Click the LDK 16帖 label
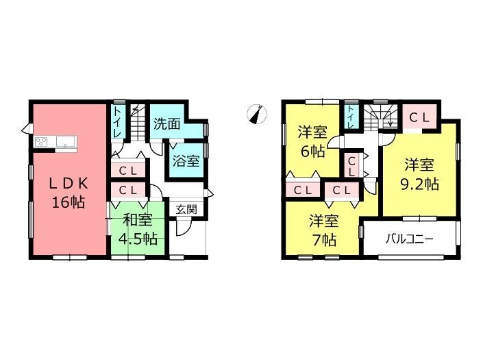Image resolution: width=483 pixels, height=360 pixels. [x=69, y=193]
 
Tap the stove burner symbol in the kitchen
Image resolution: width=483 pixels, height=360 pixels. [x=41, y=142]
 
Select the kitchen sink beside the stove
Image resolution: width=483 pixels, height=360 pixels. [x=65, y=142]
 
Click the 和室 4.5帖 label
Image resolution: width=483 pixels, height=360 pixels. [x=138, y=229]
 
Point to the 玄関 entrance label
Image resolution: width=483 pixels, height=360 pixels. [x=186, y=210]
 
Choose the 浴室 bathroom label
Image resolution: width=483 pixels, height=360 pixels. [x=186, y=160]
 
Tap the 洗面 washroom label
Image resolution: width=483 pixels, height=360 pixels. [x=166, y=123]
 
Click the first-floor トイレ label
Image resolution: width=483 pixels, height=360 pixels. [x=117, y=122]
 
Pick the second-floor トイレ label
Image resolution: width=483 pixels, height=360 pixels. [x=351, y=117]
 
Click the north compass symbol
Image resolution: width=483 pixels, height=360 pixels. [x=257, y=115]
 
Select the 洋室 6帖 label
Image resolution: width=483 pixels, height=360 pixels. [x=312, y=142]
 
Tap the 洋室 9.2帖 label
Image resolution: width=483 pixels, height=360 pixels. [x=419, y=174]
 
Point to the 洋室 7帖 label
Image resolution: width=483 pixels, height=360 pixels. [x=324, y=230]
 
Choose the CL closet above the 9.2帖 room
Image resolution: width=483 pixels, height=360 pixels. [x=419, y=117]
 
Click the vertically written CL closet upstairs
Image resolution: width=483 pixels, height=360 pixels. [x=351, y=165]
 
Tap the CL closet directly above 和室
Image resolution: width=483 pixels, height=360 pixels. [x=128, y=190]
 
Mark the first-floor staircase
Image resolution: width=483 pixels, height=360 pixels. [x=137, y=123]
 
